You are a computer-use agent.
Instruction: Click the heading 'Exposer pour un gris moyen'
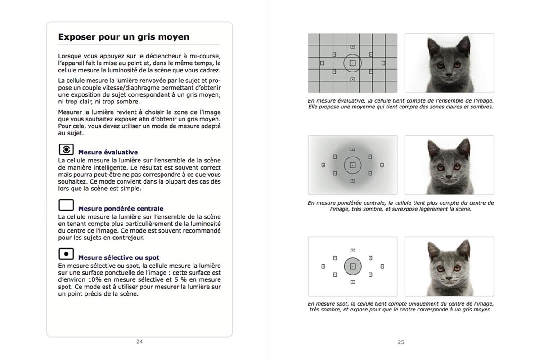coord(124,37)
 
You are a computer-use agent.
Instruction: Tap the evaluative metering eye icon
coord(66,149)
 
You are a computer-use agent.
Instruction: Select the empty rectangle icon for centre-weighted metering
coord(66,206)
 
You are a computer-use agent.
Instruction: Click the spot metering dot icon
coord(66,254)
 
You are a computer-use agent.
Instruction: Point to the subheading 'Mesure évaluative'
coord(108,153)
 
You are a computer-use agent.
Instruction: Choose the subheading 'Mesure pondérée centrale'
coord(121,209)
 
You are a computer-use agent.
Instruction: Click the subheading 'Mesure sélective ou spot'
coord(119,258)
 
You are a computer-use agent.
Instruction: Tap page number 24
coord(139,342)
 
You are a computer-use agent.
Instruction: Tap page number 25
coord(401,342)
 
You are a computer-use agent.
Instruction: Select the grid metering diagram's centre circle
coord(352,63)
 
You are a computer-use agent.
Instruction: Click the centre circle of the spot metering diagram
coord(353,266)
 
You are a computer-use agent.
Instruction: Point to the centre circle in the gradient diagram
coord(353,165)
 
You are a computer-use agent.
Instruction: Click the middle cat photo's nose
coord(448,176)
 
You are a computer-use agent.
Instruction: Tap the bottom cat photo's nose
coord(448,277)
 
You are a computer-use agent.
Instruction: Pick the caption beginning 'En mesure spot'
coord(400,306)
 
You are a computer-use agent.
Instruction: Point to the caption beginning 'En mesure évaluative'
coord(400,103)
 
